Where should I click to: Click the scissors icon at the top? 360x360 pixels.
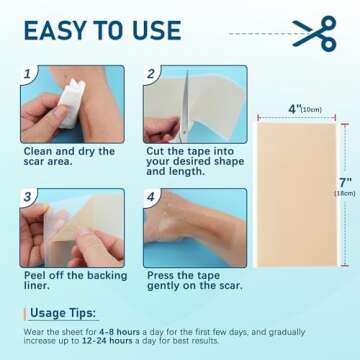point(315,33)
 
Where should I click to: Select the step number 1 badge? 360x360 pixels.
point(28,74)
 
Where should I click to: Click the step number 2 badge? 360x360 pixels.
point(151,74)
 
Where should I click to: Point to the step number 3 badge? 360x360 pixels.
point(28,197)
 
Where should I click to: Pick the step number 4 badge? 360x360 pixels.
point(151,197)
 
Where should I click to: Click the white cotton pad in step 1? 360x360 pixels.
point(72,103)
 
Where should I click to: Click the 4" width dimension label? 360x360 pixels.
point(294,109)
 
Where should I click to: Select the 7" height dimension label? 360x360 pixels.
point(346,182)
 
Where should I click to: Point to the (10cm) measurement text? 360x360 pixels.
point(311,110)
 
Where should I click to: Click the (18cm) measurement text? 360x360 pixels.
point(345,193)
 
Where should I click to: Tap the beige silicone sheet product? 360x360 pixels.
point(297,195)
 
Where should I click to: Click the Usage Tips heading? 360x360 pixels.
point(63,313)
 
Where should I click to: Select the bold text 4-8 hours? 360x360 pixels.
point(119,332)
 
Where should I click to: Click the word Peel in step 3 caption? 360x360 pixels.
point(35,276)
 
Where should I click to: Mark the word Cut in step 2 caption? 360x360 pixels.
point(155,151)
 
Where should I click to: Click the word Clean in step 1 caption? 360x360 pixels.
point(38,151)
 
